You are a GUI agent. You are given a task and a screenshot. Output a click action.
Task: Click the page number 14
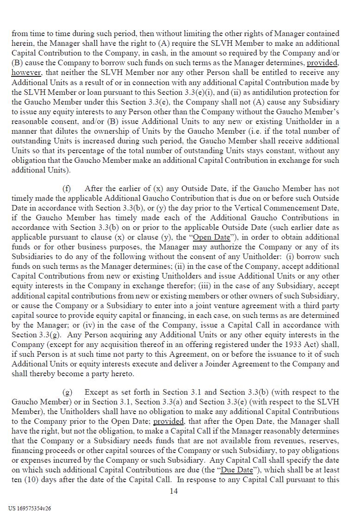pos(174,491)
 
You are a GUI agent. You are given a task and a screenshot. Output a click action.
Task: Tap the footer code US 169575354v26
pos(30,508)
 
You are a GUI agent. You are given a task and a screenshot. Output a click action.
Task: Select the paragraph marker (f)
pos(67,189)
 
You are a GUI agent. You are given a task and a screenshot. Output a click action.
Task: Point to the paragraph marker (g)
pos(68,392)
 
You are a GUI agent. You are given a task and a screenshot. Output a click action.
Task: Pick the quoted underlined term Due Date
pos(237,470)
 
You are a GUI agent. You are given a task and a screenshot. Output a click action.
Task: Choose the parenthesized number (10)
pos(37,479)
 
